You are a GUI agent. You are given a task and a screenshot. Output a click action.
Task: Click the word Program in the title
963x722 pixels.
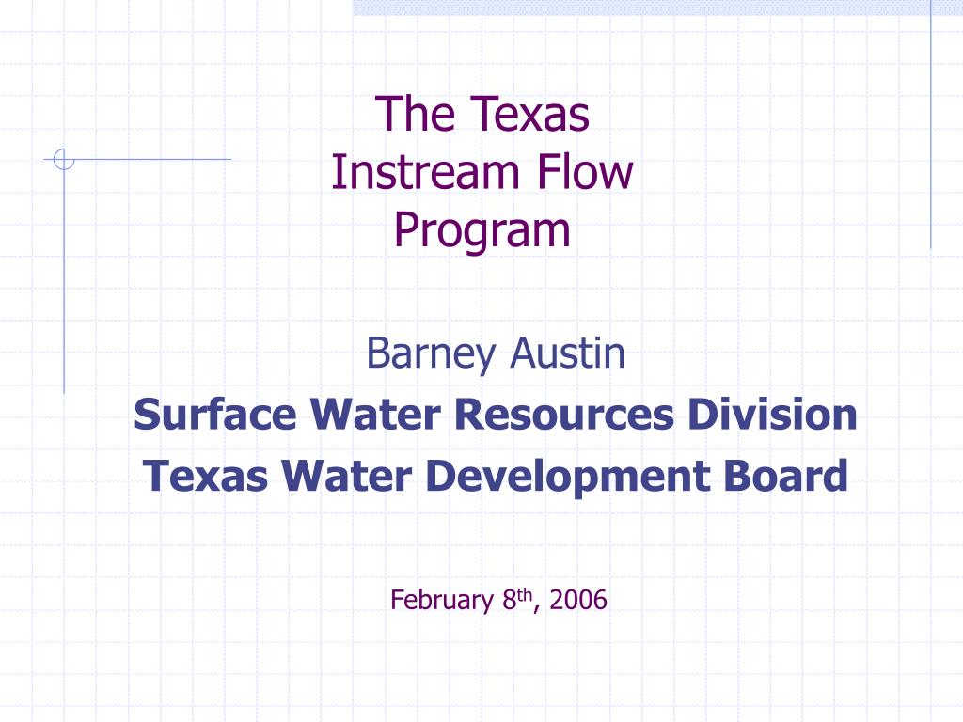482,231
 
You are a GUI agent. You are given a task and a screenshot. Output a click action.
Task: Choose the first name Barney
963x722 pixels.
433,354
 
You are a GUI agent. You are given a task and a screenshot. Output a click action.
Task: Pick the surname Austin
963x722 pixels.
568,353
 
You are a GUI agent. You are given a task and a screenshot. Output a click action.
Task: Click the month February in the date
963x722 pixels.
441,600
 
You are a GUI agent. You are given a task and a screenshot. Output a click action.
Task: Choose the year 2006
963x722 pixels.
579,600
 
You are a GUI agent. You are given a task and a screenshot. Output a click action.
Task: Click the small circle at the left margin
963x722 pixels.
64,161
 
